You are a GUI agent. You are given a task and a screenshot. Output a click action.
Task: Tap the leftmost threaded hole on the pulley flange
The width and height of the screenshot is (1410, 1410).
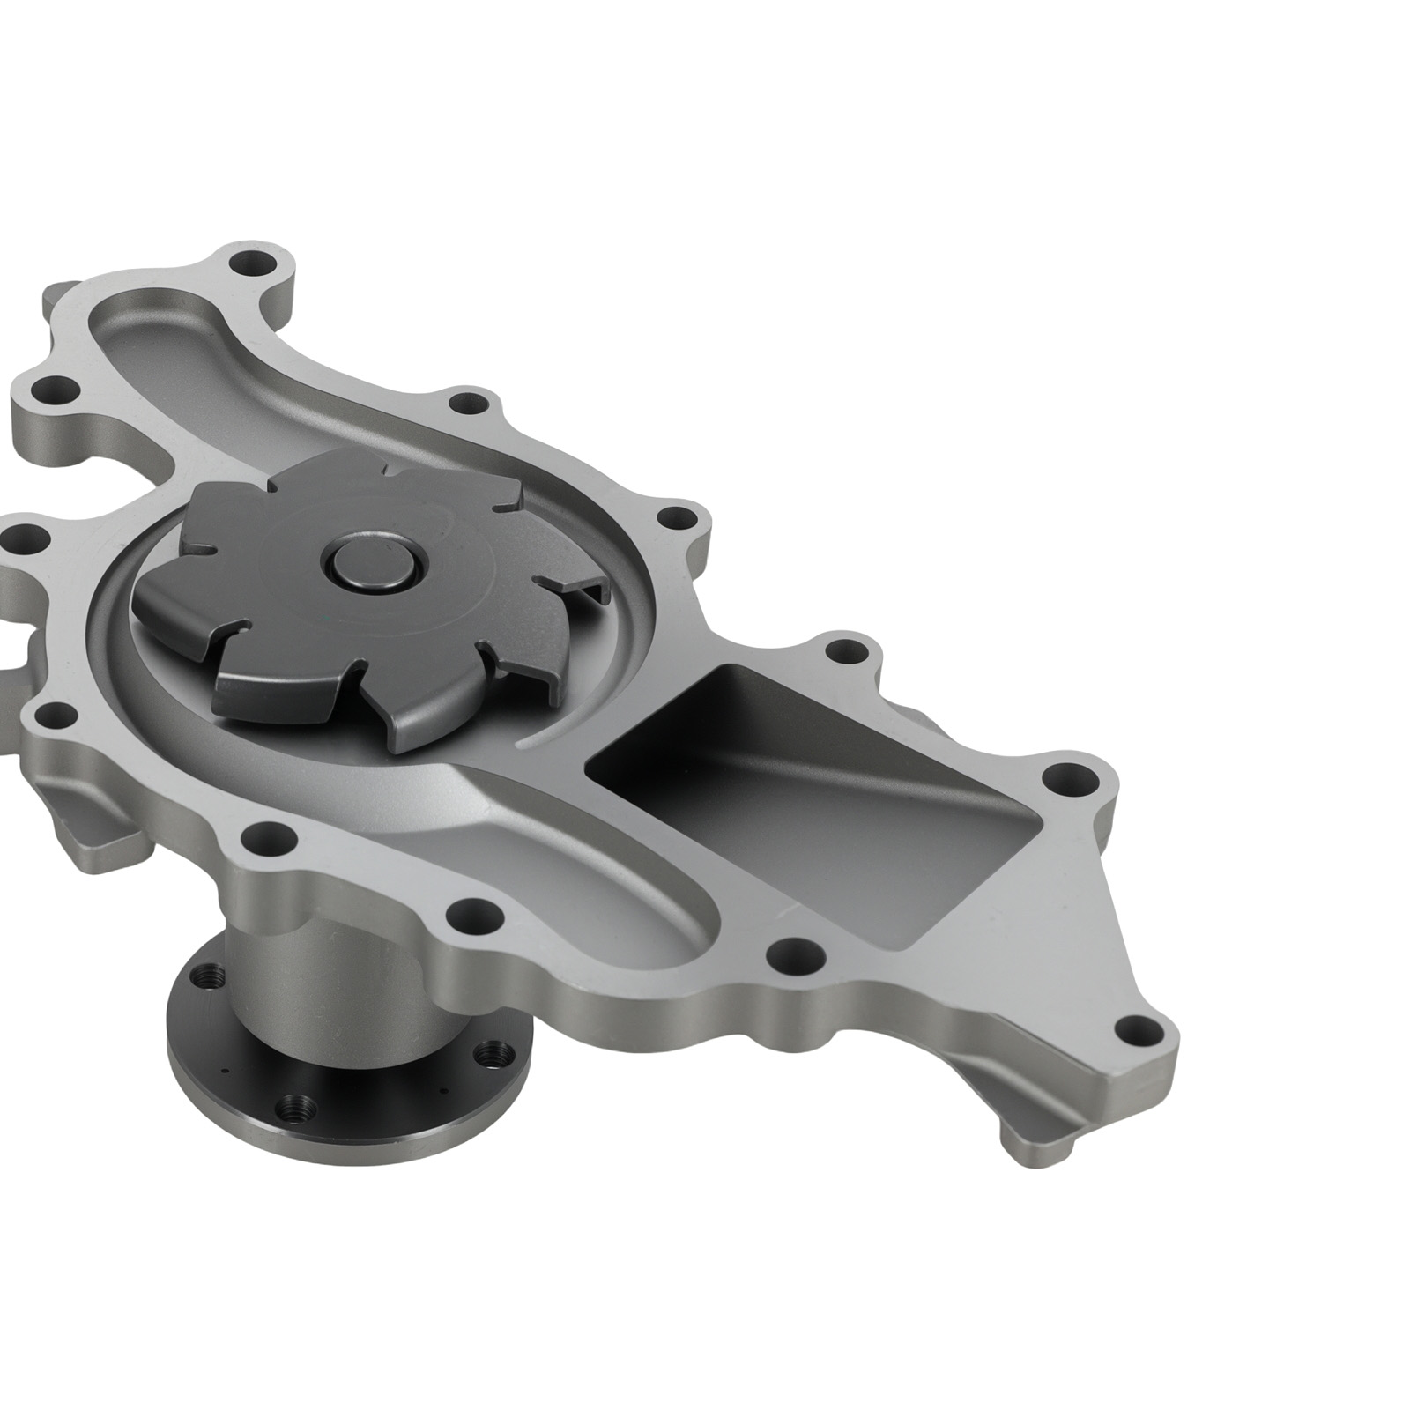click(209, 976)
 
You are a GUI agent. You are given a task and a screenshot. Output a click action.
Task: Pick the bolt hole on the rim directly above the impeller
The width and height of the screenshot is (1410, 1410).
click(470, 405)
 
